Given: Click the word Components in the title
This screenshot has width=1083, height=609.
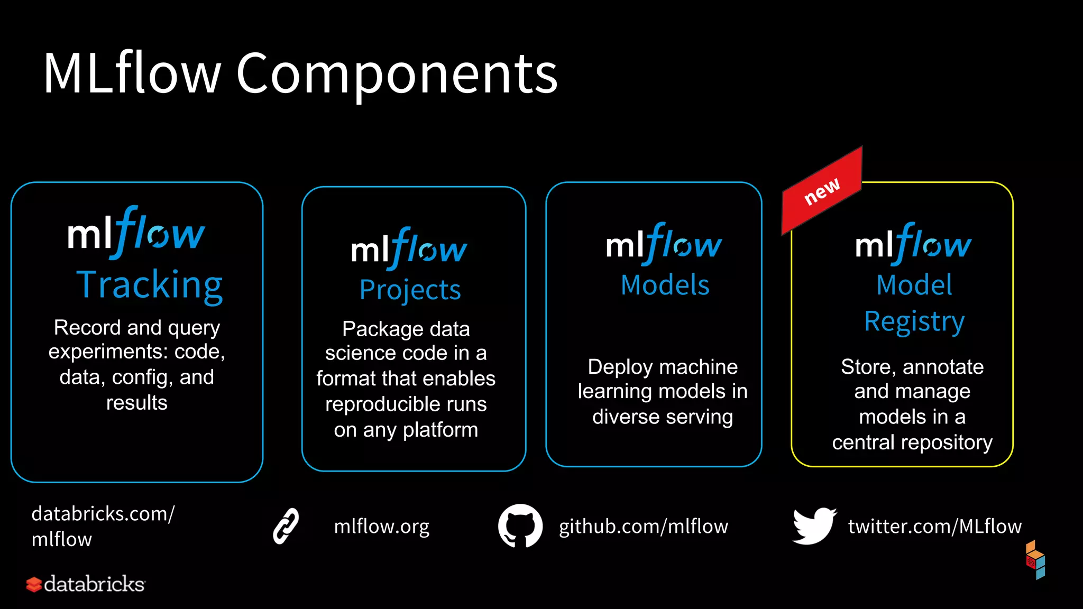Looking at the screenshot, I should (397, 74).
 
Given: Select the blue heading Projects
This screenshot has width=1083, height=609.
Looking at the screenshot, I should (410, 290).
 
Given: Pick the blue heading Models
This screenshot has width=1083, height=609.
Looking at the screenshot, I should (665, 285).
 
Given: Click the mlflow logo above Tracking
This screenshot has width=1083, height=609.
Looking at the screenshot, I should (136, 233).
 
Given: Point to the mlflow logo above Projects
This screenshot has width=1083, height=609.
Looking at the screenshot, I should (409, 248).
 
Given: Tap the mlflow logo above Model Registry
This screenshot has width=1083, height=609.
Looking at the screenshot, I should (913, 244).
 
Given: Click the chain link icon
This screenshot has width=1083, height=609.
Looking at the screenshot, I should (286, 526).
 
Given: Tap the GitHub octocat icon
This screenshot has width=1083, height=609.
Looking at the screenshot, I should (520, 526).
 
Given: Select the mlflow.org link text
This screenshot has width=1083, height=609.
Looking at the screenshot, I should (382, 527).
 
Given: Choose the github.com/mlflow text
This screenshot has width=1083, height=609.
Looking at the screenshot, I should (644, 527).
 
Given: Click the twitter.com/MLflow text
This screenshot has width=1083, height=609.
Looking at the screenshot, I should (935, 527).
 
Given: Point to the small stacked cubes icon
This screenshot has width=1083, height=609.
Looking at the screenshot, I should (1035, 560).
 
